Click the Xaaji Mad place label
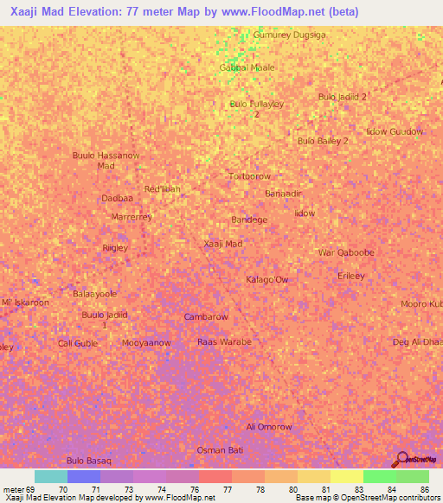click(222, 244)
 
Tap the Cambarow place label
click(206, 317)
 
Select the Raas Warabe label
click(224, 342)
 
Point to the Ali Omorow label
click(269, 427)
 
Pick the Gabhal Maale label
click(247, 67)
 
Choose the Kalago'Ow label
click(267, 280)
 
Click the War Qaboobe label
click(346, 253)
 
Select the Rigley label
click(115, 248)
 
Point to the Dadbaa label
click(117, 198)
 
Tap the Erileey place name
click(350, 276)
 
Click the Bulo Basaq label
click(88, 462)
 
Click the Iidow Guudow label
click(395, 131)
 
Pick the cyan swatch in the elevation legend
click(50, 476)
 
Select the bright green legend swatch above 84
click(379, 476)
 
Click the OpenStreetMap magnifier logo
click(401, 458)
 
